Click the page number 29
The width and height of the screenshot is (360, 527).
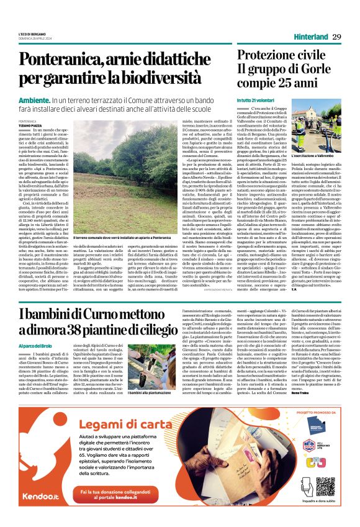(x=336, y=37)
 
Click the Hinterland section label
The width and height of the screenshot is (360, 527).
(x=310, y=37)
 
